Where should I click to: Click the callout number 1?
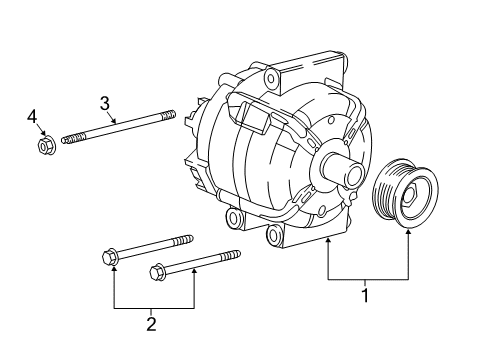365,295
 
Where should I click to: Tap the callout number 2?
150,323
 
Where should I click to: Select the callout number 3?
103,102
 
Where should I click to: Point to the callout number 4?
33,118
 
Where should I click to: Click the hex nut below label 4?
44,147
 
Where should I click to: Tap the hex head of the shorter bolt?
156,271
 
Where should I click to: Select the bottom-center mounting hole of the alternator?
275,235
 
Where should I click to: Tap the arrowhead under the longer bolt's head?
115,273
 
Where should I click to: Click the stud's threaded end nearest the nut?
68,138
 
